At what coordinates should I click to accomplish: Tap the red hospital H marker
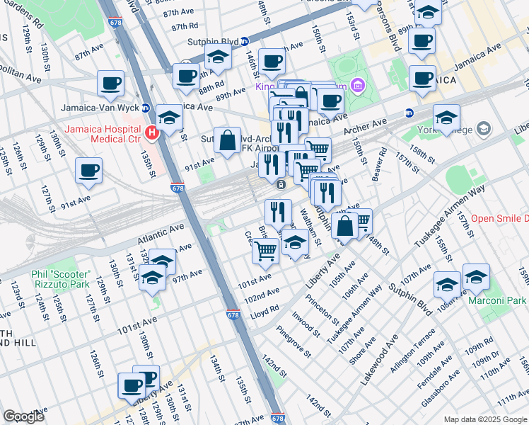[x=151, y=132]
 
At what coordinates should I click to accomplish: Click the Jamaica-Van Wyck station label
[x=104, y=107]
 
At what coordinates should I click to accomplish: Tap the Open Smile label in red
[x=499, y=219]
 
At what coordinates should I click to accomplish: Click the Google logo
[x=24, y=417]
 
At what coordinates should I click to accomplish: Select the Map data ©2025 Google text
[x=485, y=419]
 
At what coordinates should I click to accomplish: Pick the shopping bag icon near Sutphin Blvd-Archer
[x=228, y=141]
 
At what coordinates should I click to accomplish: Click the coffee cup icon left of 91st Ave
[x=89, y=171]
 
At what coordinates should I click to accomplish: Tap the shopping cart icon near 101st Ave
[x=265, y=250]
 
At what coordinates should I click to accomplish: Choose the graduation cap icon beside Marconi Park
[x=476, y=277]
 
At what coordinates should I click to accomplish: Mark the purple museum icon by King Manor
[x=358, y=86]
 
